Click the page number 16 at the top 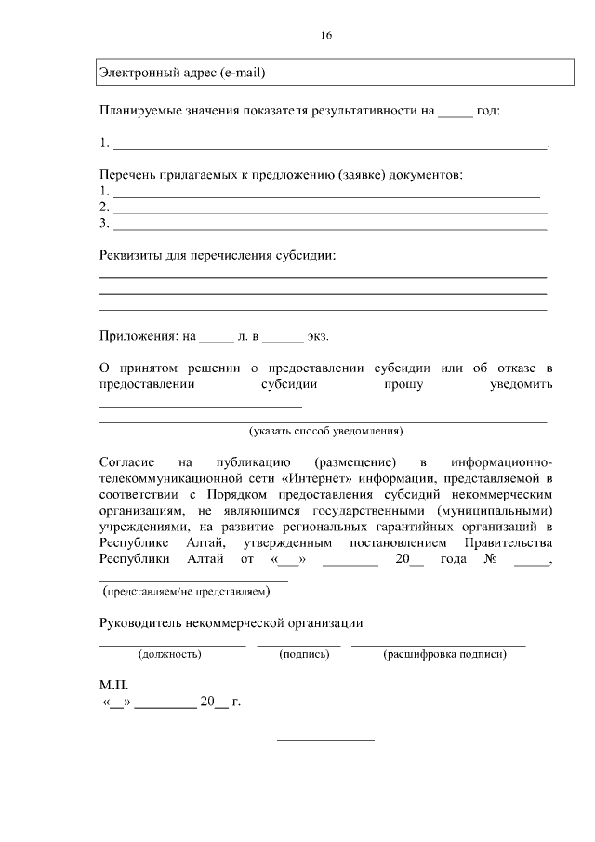click(325, 36)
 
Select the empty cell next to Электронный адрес click(468, 72)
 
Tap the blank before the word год click(455, 110)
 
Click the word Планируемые click(139, 110)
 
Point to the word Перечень click(126, 175)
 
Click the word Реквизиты click(131, 255)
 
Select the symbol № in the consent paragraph click(490, 559)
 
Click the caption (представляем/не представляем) click(186, 591)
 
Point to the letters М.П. click(113, 685)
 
